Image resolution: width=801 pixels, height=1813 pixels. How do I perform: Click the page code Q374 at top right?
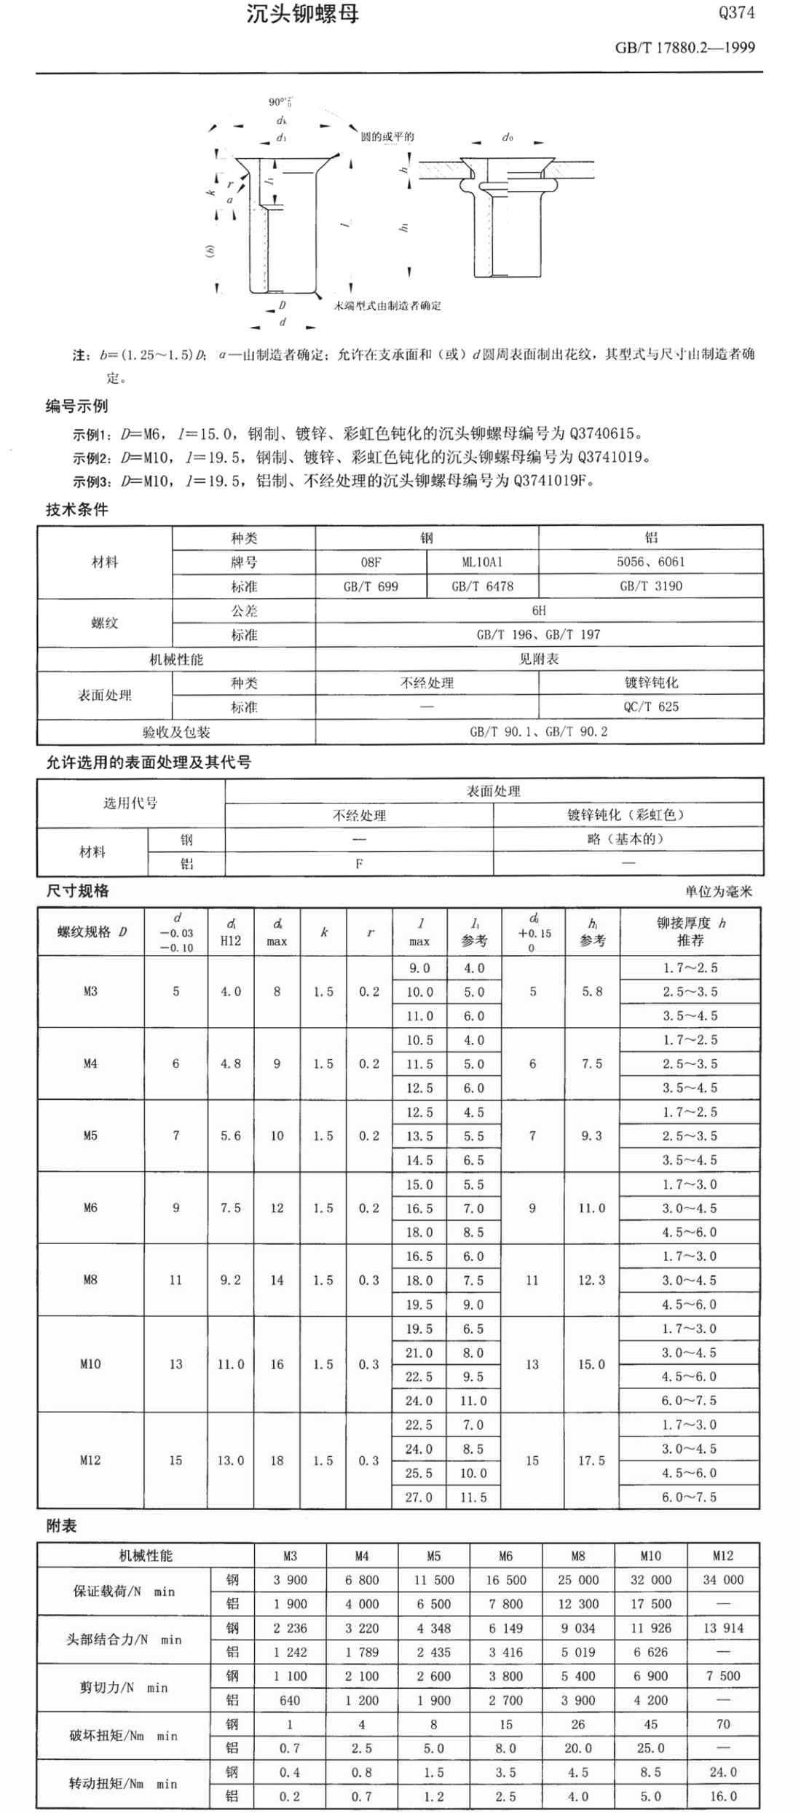point(736,13)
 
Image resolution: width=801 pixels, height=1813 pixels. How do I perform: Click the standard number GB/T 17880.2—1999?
point(684,48)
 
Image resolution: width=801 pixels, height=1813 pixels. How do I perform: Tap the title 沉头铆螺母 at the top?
point(302,14)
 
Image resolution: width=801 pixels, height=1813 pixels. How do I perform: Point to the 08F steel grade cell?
point(371,562)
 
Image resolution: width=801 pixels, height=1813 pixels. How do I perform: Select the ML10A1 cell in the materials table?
point(482,562)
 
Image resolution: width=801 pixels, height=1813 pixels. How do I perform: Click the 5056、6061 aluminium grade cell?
point(651,562)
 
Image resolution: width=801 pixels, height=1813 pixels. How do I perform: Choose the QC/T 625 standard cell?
point(651,707)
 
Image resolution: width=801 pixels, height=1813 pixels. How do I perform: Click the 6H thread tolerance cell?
point(539,610)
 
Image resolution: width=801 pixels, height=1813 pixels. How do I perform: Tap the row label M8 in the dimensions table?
point(90,1280)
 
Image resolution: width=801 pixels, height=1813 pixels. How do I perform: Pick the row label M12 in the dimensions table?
point(90,1460)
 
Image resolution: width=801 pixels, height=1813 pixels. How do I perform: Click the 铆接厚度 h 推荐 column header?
point(690,932)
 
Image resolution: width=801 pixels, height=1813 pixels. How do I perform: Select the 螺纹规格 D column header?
point(91,932)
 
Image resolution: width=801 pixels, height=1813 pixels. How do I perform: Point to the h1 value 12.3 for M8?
point(591,1280)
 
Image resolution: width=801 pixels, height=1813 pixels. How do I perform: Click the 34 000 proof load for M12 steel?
point(722,1580)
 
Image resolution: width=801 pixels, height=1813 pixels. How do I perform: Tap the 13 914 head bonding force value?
point(722,1628)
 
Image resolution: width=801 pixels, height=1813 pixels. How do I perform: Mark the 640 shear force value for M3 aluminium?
point(290,1700)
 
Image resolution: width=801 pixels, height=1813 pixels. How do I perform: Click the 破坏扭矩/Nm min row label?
point(123,1736)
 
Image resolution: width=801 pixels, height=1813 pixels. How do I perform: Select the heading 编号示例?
point(76,406)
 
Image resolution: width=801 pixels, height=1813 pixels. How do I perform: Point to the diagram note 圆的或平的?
point(387,137)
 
